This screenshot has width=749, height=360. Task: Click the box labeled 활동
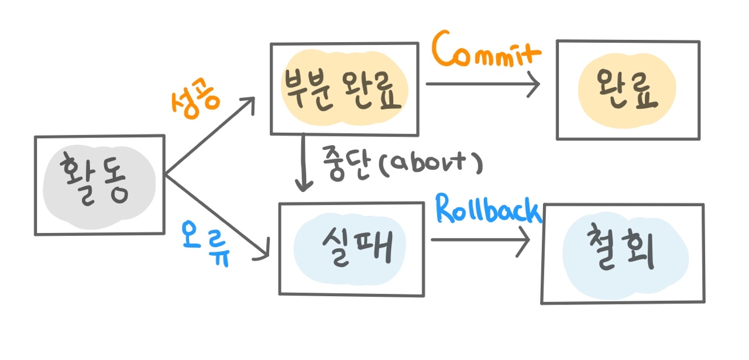pyautogui.click(x=99, y=185)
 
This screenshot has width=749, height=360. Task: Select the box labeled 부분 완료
pyautogui.click(x=344, y=89)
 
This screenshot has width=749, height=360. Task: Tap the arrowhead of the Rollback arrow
pyautogui.click(x=525, y=240)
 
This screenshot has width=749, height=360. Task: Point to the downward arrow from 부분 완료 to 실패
pyautogui.click(x=303, y=164)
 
